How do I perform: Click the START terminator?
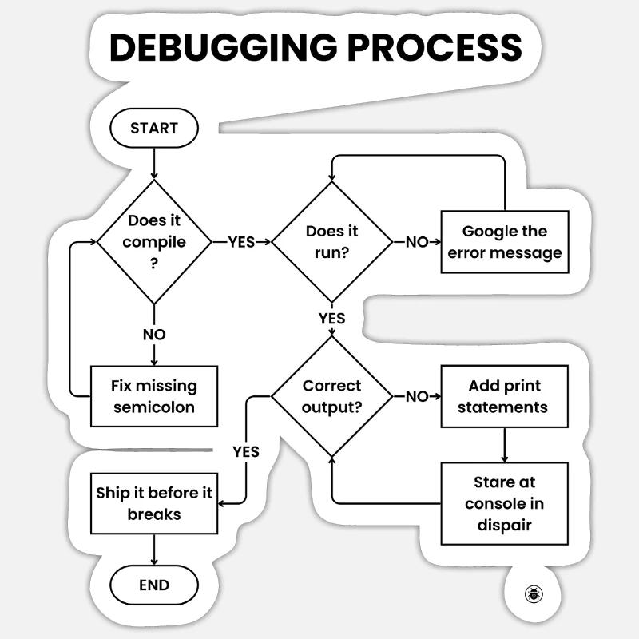pos(153,128)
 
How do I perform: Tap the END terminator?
pos(153,585)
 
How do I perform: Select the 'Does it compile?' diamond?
pos(153,241)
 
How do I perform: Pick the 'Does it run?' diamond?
pos(331,241)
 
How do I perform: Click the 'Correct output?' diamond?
pos(331,396)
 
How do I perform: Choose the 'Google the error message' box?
pos(505,241)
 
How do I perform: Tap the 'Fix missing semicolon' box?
pos(153,396)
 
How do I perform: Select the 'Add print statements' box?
pos(505,396)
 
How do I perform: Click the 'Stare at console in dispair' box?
pos(505,503)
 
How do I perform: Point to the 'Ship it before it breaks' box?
pos(153,503)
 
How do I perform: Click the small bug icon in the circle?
pos(534,593)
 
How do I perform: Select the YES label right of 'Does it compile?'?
pos(241,242)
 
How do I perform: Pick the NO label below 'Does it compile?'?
pos(153,335)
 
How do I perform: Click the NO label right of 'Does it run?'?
pos(417,242)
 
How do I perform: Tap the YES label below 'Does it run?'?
pos(331,319)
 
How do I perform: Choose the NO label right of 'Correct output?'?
pos(417,397)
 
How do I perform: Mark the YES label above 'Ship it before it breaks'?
pos(246,451)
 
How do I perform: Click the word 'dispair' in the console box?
pos(505,525)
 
